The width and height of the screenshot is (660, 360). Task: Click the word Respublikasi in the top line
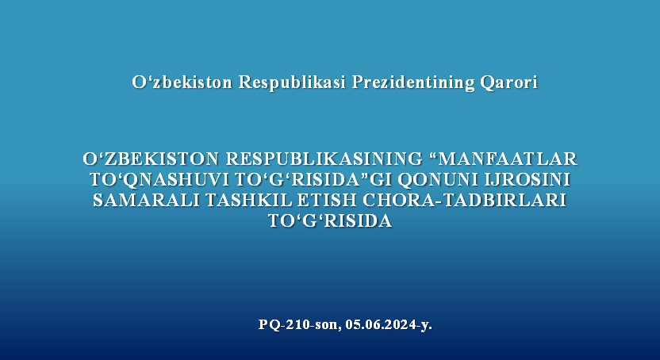(x=292, y=82)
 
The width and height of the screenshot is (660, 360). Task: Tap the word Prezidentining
(x=413, y=82)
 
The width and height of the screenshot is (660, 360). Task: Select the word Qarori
(x=509, y=82)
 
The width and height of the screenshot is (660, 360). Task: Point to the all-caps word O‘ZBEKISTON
(x=151, y=159)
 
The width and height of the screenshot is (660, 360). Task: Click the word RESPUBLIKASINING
(x=324, y=159)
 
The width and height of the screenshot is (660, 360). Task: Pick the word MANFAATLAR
(x=508, y=159)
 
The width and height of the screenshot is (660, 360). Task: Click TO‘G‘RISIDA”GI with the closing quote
(x=313, y=179)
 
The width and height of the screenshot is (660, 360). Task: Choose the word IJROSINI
(x=528, y=179)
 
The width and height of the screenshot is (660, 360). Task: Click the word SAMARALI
(x=146, y=200)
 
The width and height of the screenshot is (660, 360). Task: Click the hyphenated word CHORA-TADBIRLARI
(x=465, y=200)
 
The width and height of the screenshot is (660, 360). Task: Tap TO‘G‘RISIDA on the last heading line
(x=330, y=220)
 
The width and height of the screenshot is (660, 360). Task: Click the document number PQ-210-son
(x=300, y=325)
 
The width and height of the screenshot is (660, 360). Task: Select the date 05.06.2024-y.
(x=389, y=325)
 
